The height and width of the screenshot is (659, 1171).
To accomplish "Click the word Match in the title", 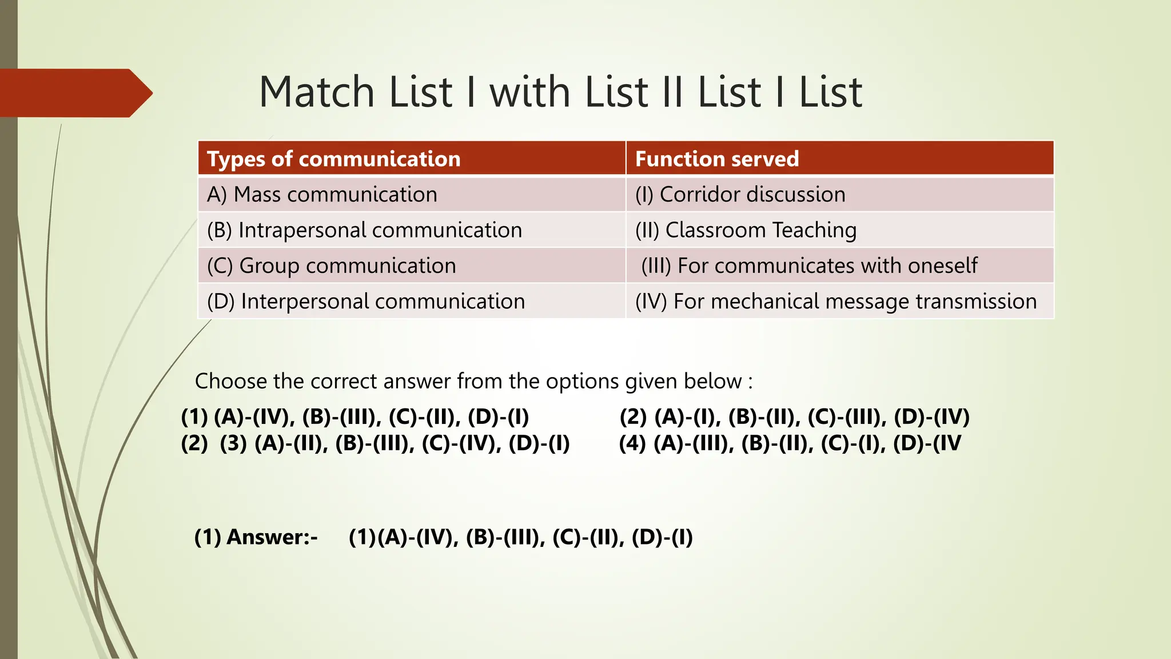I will [x=316, y=93].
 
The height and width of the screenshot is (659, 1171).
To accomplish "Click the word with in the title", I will [x=530, y=93].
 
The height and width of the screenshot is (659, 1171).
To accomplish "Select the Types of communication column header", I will [x=333, y=159].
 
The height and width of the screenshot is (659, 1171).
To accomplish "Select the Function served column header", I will [x=716, y=159].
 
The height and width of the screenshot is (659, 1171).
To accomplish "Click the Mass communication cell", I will [x=322, y=195].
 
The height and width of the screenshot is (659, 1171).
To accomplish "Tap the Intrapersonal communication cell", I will [x=364, y=231].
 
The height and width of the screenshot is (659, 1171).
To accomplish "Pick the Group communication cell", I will [x=332, y=266].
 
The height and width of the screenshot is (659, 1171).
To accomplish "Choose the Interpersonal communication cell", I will [x=366, y=301].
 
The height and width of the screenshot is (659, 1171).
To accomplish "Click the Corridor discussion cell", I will [x=740, y=195].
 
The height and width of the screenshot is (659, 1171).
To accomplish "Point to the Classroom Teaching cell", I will [x=746, y=231].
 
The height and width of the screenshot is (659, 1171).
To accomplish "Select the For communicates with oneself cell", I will [x=809, y=266].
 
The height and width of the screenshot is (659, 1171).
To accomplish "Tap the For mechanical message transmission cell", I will [x=835, y=301].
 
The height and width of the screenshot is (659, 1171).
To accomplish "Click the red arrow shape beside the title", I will [x=74, y=93].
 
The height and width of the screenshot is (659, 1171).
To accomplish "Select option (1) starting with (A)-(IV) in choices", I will [x=355, y=417].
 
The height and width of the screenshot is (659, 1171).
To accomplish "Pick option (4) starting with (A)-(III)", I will [x=790, y=443].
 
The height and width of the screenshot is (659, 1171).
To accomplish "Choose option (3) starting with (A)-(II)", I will [x=395, y=443].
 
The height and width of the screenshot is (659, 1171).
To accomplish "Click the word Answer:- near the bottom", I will [x=272, y=537].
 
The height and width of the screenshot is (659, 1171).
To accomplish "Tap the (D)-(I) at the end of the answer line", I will [x=662, y=537].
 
